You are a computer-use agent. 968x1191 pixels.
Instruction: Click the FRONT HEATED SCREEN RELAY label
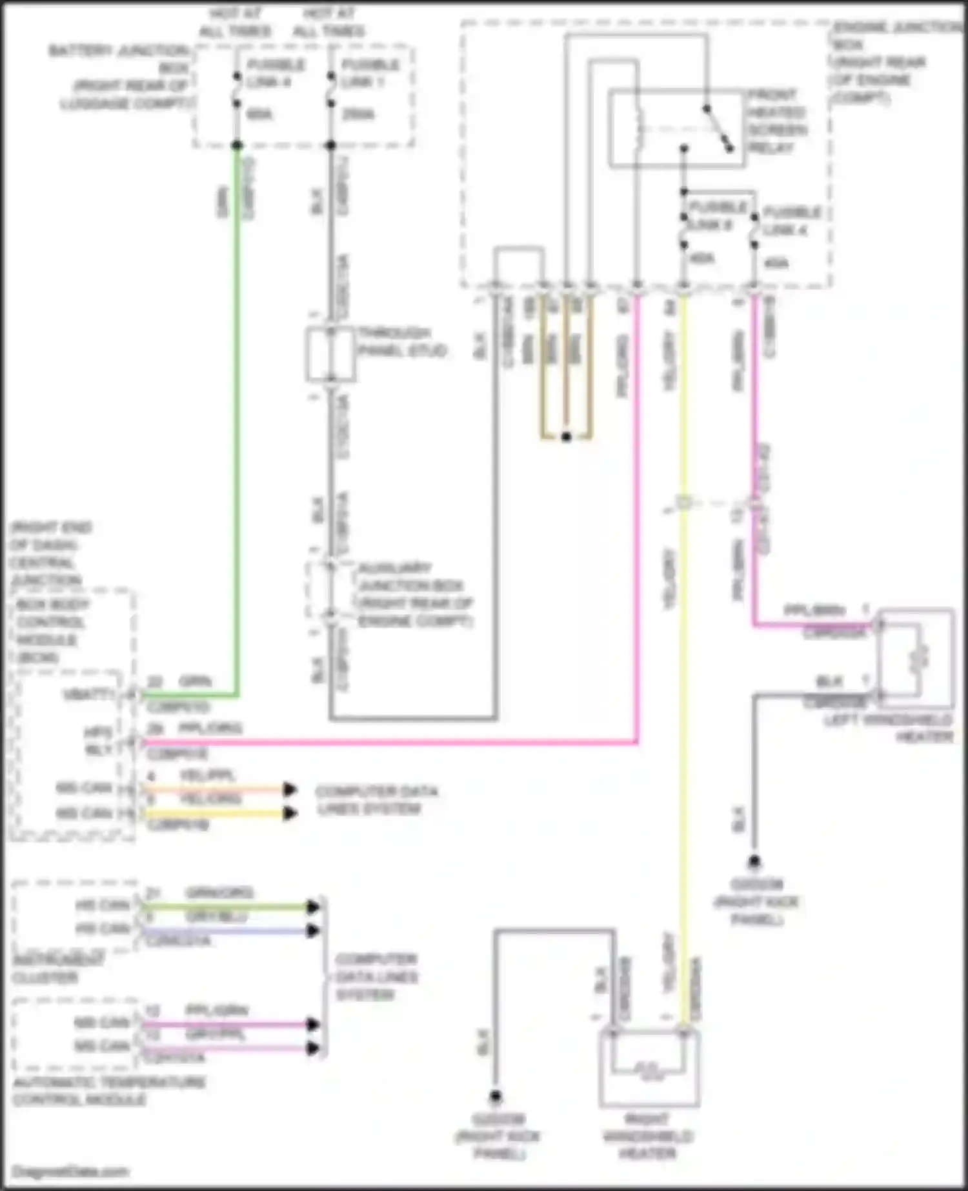(776, 121)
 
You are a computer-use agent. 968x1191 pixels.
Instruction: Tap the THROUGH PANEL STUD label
(401, 342)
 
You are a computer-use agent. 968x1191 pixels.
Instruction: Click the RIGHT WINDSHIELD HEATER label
(647, 1136)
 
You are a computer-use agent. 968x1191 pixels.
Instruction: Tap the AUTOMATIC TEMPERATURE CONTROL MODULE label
(108, 1090)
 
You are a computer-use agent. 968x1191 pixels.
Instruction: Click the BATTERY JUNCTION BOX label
(123, 77)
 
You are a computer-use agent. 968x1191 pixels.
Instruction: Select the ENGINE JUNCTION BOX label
(894, 62)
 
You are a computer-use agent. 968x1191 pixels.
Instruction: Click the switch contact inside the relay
(718, 128)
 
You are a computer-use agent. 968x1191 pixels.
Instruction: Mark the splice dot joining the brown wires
(567, 437)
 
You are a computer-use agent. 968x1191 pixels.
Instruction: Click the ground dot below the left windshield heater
(754, 861)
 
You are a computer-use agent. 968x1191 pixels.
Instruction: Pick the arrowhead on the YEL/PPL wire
(290, 789)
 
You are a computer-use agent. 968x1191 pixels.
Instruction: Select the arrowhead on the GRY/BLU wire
(313, 930)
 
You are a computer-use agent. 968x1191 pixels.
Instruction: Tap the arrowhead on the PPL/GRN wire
(313, 1024)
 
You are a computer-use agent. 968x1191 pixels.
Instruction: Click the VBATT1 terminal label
(88, 695)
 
